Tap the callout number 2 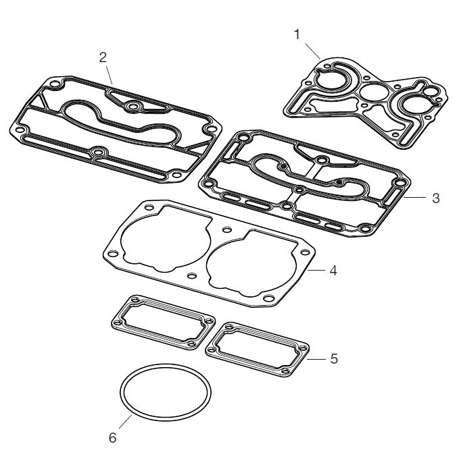[x=103, y=57]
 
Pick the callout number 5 [x=334, y=358]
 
